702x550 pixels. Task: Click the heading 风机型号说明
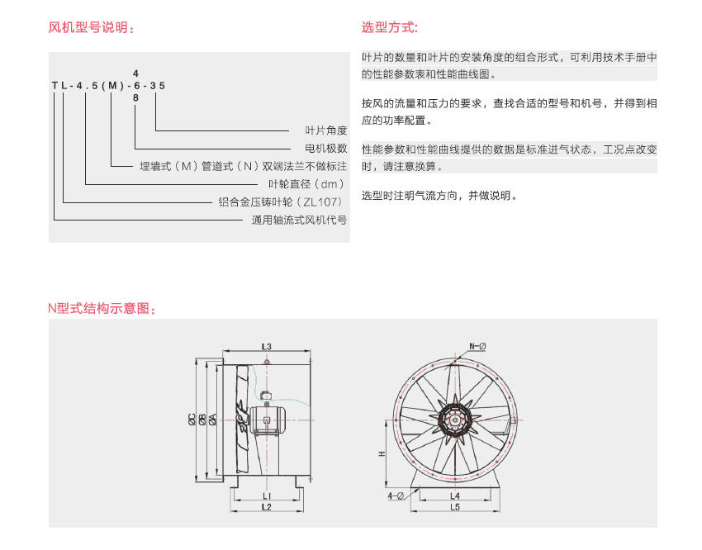pyautogui.click(x=91, y=27)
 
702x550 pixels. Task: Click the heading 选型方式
pyautogui.click(x=390, y=27)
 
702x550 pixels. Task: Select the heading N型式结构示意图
pyautogui.click(x=102, y=309)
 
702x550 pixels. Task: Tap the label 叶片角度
pyautogui.click(x=326, y=130)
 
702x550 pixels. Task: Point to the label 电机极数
pyautogui.click(x=326, y=149)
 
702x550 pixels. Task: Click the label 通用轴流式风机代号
pyautogui.click(x=299, y=220)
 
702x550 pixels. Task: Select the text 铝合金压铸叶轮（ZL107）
pyautogui.click(x=282, y=202)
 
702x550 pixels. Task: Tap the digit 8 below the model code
pyautogui.click(x=136, y=97)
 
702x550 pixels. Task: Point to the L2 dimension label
pyautogui.click(x=267, y=507)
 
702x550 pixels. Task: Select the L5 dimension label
pyautogui.click(x=455, y=507)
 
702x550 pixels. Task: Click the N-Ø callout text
pyautogui.click(x=477, y=345)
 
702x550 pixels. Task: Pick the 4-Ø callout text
pyautogui.click(x=396, y=495)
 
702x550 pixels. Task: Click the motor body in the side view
pyautogui.click(x=268, y=417)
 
